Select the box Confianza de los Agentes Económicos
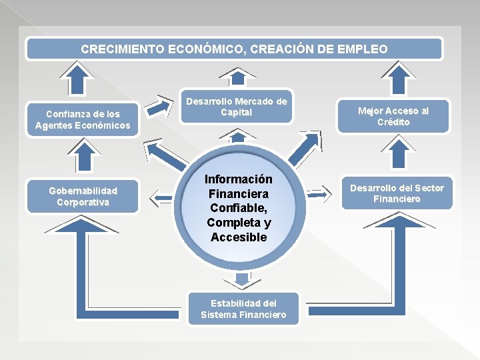point(83,120)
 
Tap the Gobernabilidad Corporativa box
point(83,196)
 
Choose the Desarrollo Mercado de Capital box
point(236,107)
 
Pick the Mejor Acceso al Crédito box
point(393,117)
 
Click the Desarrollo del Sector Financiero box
point(397,193)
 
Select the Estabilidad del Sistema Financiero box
point(243,309)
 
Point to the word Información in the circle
point(238,179)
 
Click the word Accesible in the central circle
point(238,237)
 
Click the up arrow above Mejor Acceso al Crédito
point(401,78)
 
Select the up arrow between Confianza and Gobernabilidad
point(83,157)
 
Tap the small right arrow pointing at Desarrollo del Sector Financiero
point(319,193)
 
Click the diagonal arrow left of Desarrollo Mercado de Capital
point(159,107)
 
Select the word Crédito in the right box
point(393,122)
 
